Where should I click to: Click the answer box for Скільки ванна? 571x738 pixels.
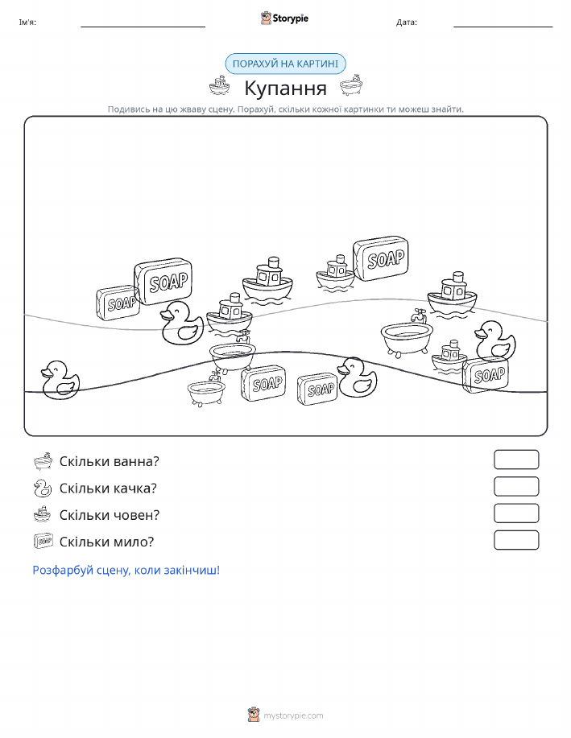tap(516, 460)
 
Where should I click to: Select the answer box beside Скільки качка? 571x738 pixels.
tap(516, 486)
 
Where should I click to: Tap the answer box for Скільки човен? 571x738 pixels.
tap(516, 513)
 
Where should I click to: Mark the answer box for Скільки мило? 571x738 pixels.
tap(516, 540)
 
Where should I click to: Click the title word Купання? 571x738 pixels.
tap(285, 88)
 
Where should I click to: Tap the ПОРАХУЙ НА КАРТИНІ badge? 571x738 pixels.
tap(285, 64)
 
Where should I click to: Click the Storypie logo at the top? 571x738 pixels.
tap(284, 19)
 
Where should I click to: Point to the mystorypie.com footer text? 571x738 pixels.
tap(293, 715)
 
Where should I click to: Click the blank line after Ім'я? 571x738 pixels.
tap(143, 27)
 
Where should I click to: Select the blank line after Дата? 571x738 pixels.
tap(503, 27)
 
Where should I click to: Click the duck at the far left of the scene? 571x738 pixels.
tap(60, 381)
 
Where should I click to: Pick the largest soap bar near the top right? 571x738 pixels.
tap(381, 258)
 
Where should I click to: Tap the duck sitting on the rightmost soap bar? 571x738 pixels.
tap(494, 340)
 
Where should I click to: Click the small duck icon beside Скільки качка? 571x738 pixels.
tap(43, 488)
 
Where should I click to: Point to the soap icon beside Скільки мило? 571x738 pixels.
tap(43, 542)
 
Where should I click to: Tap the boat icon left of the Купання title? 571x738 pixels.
tap(220, 85)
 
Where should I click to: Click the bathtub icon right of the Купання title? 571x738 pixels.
tap(351, 85)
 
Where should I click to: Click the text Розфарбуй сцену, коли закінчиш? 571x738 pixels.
tap(126, 571)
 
